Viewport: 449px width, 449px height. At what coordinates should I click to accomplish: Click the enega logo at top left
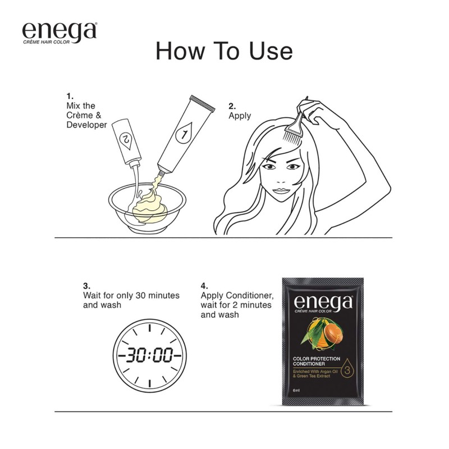tap(59, 33)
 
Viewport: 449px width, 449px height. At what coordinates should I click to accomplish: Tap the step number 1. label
tap(70, 96)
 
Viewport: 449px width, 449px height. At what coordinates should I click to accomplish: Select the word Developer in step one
tap(86, 125)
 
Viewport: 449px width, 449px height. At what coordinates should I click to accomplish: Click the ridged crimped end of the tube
tap(202, 103)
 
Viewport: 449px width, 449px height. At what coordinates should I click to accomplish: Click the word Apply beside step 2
tap(240, 116)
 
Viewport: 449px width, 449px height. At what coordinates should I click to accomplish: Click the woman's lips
tap(281, 191)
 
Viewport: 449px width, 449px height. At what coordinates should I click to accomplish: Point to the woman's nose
tap(281, 180)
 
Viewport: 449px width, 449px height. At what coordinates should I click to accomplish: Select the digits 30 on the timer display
tap(135, 355)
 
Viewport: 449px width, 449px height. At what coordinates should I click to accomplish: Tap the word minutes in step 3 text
tap(163, 295)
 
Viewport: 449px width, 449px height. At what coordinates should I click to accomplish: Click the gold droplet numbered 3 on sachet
tap(347, 369)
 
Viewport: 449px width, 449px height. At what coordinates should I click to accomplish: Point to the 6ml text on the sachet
tap(296, 390)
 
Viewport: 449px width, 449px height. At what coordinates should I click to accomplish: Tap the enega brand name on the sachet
tap(323, 303)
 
